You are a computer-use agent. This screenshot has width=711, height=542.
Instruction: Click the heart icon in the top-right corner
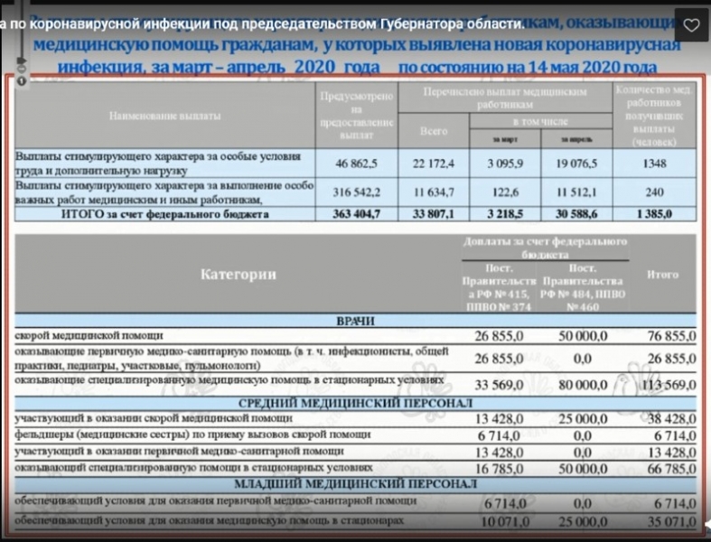(x=690, y=24)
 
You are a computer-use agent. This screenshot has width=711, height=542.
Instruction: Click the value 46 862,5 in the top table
(x=355, y=164)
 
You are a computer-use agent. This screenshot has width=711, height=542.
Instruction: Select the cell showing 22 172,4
(x=434, y=164)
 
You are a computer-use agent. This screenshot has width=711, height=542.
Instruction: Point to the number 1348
(x=656, y=164)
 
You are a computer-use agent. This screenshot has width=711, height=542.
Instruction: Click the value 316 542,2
(x=355, y=192)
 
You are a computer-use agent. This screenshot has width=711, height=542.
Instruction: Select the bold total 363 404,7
(x=355, y=214)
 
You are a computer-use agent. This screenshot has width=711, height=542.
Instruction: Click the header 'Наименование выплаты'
(x=163, y=117)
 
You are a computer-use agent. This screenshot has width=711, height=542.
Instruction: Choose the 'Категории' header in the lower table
(x=239, y=275)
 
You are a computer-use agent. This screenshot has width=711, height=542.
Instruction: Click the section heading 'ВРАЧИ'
(x=355, y=321)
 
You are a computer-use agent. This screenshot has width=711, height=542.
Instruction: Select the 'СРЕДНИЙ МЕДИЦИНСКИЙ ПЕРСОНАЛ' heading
(x=355, y=402)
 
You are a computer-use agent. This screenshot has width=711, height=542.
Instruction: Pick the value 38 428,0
(x=671, y=418)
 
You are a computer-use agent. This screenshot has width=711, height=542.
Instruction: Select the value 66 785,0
(x=671, y=469)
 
